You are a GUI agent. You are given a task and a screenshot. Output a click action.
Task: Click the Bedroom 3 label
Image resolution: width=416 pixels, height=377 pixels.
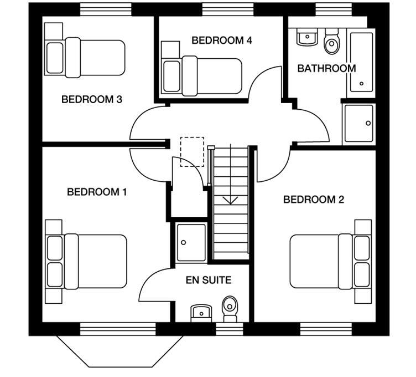pos(91,100)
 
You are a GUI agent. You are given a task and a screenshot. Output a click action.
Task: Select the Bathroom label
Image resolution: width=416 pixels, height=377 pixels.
pos(326,69)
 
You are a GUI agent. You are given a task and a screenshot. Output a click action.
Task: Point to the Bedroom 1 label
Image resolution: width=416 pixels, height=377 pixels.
pos(97,192)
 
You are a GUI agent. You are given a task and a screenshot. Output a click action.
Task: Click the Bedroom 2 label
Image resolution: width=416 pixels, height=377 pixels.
pos(313,200)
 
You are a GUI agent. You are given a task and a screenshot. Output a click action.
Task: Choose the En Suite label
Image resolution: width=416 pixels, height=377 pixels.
pos(208,281)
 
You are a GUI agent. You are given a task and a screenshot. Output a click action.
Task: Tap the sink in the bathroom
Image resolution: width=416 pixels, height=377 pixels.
pos(306,38)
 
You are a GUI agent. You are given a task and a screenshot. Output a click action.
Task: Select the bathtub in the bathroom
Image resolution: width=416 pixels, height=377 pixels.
pos(361,62)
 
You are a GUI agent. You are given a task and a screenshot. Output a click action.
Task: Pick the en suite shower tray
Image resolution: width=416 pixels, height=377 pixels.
pos(191,242)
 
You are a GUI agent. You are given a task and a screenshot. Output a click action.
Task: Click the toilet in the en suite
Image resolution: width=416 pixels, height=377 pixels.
pos(230,308)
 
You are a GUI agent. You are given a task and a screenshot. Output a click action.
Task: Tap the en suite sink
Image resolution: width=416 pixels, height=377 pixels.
pos(201,313)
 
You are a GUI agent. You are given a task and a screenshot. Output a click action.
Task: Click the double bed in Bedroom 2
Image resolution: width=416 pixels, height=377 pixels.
pos(326,261)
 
